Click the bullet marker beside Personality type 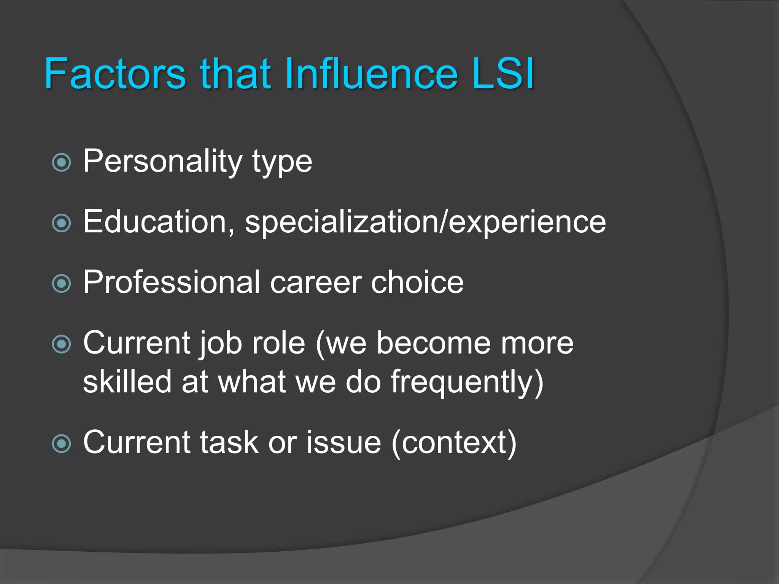pyautogui.click(x=61, y=163)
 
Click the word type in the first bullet pyautogui.click(x=282, y=162)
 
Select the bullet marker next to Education pyautogui.click(x=61, y=223)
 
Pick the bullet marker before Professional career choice pyautogui.click(x=61, y=284)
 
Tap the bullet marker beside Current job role pyautogui.click(x=61, y=344)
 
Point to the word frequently pyautogui.click(x=462, y=382)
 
